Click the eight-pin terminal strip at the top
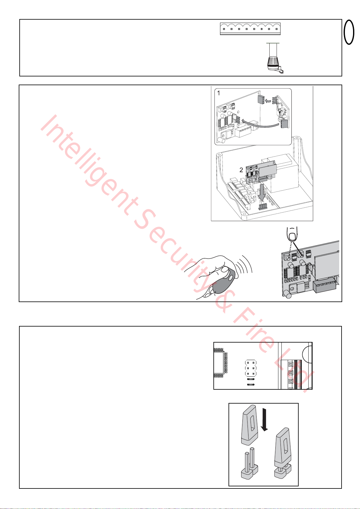coord(250,29)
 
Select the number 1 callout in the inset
coord(219,93)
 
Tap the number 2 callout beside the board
coord(241,170)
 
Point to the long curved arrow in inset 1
coord(260,123)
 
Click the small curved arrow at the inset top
coord(269,100)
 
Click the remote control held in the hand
coord(223,281)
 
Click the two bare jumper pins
coord(249,466)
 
